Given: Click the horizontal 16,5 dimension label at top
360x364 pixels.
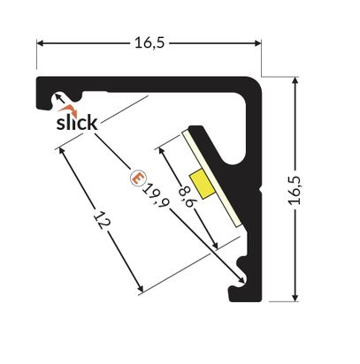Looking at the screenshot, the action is tap(149, 43).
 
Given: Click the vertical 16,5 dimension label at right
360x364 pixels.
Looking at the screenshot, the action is tap(295, 190).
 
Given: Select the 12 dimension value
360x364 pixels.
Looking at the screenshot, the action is tap(102, 220).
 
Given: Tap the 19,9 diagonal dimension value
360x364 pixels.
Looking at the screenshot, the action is tap(157, 195).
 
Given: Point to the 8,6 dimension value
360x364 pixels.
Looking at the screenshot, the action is tap(187, 195).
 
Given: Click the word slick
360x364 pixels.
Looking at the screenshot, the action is tap(77, 123).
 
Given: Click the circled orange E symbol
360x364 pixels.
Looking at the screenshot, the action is tap(138, 178).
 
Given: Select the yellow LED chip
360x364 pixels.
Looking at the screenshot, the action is tap(202, 184).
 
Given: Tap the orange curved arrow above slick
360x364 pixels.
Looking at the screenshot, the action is tap(68, 110).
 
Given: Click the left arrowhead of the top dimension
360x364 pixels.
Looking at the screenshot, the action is tap(40, 43).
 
